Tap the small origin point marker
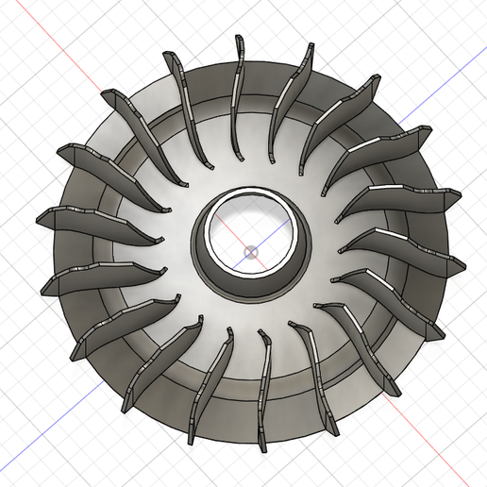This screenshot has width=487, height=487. click(x=249, y=252)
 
